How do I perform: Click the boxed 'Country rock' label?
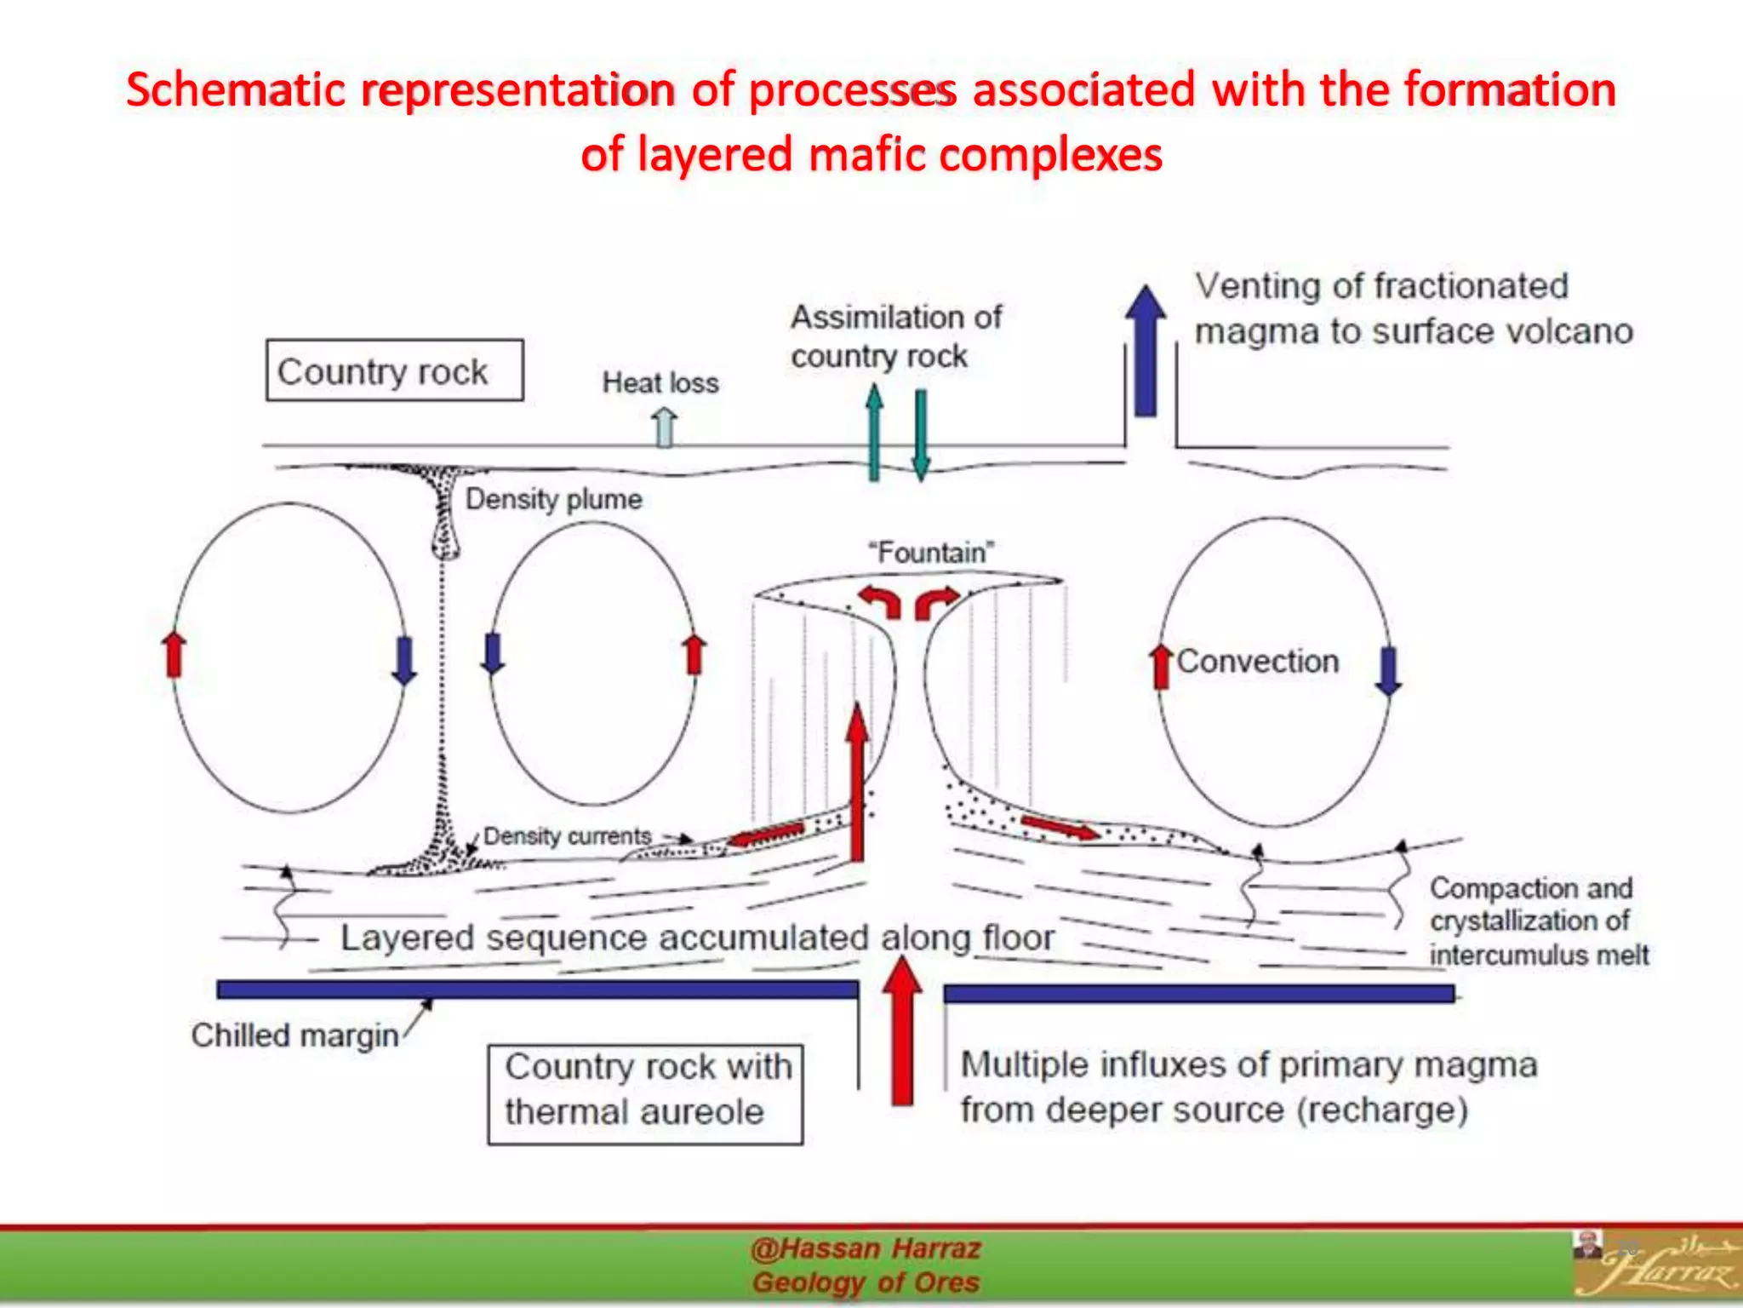click(x=394, y=371)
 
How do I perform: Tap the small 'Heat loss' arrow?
click(x=664, y=426)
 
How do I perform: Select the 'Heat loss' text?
click(x=660, y=383)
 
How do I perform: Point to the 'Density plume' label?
click(x=553, y=499)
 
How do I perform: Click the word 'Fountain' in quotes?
click(x=931, y=553)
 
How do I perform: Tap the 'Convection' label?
click(x=1258, y=662)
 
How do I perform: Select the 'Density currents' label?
click(x=567, y=836)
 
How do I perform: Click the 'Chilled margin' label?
click(x=294, y=1035)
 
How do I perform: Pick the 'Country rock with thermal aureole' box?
click(x=645, y=1093)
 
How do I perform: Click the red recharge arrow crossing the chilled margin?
click(x=902, y=1030)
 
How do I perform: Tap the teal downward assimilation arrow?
click(x=921, y=434)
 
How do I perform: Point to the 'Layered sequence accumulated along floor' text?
click(x=698, y=938)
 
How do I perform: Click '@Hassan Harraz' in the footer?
click(x=866, y=1249)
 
